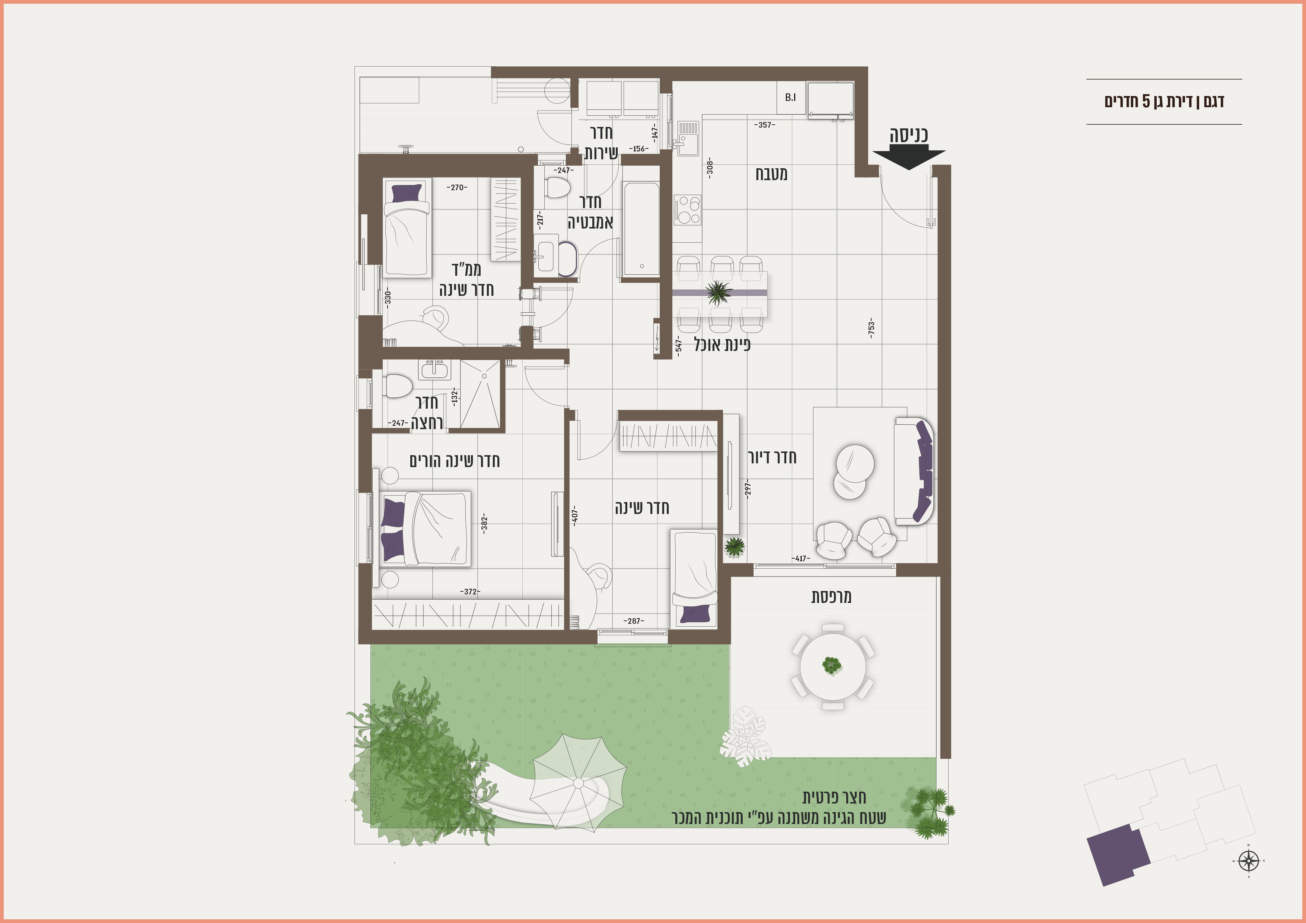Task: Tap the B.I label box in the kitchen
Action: [x=791, y=97]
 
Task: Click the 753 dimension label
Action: [x=871, y=328]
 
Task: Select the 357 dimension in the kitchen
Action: [x=764, y=125]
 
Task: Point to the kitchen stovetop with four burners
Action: [x=688, y=210]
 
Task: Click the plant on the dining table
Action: [x=719, y=293]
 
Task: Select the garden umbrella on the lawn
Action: [x=578, y=783]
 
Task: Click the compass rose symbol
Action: [x=1249, y=861]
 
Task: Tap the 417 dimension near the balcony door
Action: [x=801, y=559]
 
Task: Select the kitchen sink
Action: [x=688, y=138]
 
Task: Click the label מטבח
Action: [x=771, y=173]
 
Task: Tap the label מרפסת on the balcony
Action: [x=831, y=597]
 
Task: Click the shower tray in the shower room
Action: [x=480, y=393]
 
